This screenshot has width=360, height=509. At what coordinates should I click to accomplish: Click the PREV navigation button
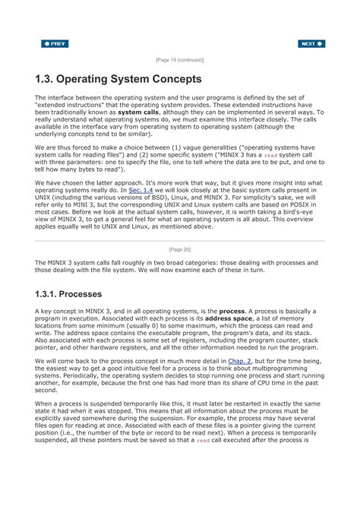tap(55, 44)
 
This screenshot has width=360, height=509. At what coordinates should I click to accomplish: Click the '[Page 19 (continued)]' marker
tap(179, 59)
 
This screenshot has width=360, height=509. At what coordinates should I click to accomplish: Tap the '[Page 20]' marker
tap(179, 249)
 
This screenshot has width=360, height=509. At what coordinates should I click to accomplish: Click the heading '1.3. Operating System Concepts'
tap(118, 79)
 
